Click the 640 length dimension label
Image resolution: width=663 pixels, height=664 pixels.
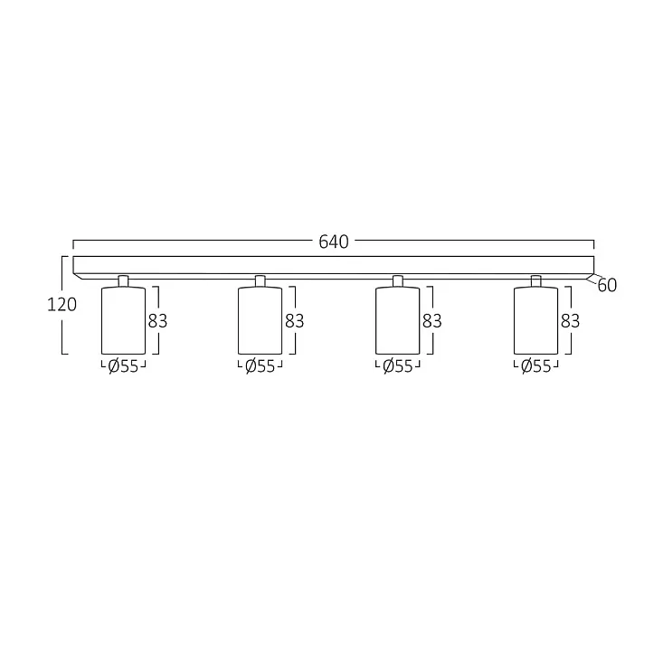click(334, 242)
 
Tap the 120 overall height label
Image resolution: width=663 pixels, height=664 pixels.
click(62, 305)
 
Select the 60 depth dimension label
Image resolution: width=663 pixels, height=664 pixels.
click(607, 286)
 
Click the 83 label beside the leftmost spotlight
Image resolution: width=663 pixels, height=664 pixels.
click(157, 321)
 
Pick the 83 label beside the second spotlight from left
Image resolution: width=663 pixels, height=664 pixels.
click(294, 321)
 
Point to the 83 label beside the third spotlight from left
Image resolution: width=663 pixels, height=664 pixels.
click(431, 321)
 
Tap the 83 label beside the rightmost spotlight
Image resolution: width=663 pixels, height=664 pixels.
click(570, 321)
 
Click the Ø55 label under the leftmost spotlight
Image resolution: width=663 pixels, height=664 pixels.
click(123, 366)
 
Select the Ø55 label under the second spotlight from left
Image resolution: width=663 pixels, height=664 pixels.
click(260, 366)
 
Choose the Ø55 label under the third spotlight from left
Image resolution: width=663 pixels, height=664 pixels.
click(398, 366)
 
